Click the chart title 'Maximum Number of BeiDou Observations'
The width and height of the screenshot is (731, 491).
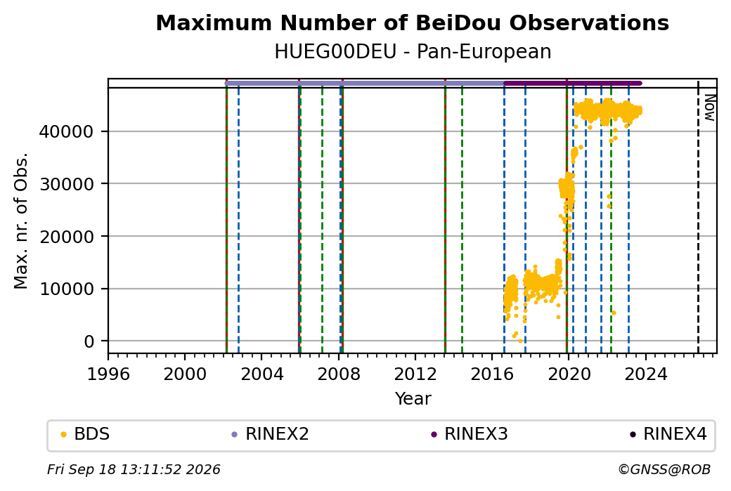coord(412,23)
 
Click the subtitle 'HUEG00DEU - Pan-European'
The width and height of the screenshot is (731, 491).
coord(413,52)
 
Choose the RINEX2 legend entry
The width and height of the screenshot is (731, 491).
coord(271,434)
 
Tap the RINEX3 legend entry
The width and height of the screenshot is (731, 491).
coord(469,434)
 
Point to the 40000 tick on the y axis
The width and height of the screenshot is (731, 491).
coord(66,132)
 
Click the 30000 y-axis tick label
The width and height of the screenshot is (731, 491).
coord(66,184)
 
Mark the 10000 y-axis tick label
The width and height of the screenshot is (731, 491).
coord(66,289)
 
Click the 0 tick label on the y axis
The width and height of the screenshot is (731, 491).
coord(89,341)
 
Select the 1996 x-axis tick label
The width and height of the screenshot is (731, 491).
coord(108,374)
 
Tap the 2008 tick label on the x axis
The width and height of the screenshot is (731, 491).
coord(339,374)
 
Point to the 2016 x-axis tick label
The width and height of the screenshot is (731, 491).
coord(492,374)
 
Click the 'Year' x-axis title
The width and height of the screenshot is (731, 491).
coord(413,399)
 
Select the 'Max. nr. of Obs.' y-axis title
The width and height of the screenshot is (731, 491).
coord(21,221)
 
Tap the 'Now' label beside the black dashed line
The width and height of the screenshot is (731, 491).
coord(709,107)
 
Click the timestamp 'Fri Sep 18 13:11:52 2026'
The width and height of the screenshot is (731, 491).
coord(134,469)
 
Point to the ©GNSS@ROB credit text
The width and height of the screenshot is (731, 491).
coord(664,469)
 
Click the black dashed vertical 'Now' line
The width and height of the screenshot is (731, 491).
coord(698,216)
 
